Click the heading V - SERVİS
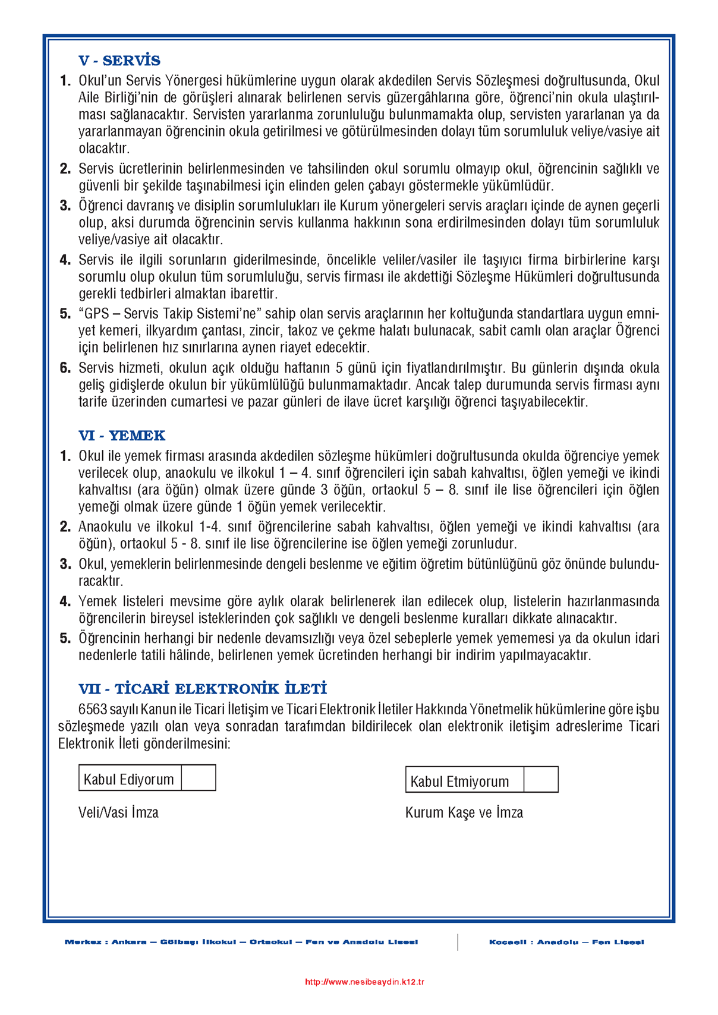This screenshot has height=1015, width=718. tap(119, 61)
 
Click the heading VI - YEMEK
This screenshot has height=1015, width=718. tap(122, 436)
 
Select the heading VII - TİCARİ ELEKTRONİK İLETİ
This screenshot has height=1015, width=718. tap(203, 689)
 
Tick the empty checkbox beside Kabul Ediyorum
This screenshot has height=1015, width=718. tap(199, 778)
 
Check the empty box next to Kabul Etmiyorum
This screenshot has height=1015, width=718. tap(541, 780)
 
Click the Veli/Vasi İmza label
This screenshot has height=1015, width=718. tap(118, 812)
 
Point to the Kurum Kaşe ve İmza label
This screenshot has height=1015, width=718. tap(464, 812)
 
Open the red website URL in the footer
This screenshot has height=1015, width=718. tap(364, 982)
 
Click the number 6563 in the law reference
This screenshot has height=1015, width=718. tap(93, 710)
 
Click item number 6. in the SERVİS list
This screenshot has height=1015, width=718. tap(65, 368)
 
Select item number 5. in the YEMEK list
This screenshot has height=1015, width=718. tap(65, 638)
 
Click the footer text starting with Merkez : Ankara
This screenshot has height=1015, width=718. tap(241, 942)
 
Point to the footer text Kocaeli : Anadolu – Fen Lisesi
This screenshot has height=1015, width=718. tap(566, 942)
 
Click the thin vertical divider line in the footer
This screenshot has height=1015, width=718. tap(458, 942)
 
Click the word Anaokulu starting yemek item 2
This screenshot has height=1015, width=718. tap(106, 527)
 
